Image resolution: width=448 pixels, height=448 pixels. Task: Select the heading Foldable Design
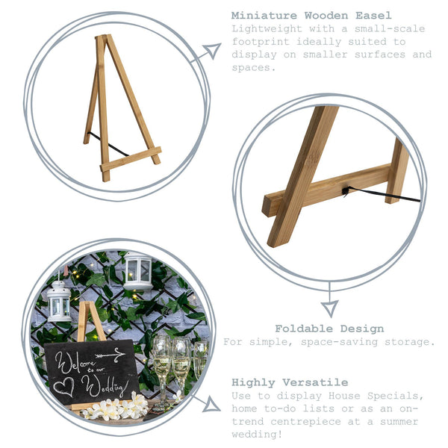[x=329, y=329]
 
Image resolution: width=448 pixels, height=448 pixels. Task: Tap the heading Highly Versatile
[x=290, y=382]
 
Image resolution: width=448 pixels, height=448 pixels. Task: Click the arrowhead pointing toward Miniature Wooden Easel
[x=212, y=52]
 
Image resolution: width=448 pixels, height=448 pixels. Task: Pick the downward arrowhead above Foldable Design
[x=329, y=307]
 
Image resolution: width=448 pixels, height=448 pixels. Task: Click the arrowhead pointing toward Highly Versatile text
[x=212, y=405]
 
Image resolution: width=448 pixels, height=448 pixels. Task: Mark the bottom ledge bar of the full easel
[x=130, y=159]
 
